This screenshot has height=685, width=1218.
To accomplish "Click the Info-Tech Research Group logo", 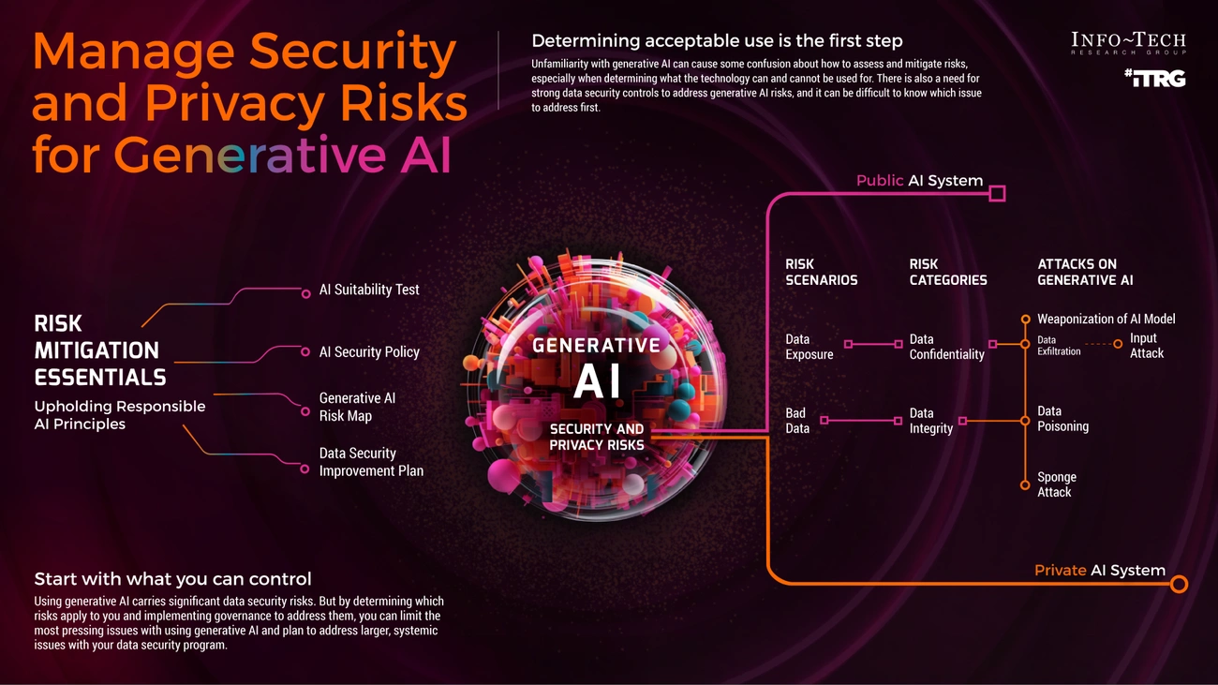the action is tap(1128, 43).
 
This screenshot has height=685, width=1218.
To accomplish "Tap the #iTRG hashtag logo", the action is tap(1155, 79).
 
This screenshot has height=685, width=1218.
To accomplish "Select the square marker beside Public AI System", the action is tap(997, 194).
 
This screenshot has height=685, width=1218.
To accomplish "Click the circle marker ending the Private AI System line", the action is tap(1179, 585).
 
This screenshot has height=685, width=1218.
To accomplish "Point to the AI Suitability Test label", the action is tap(368, 290).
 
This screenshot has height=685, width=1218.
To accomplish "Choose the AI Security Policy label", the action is tap(369, 352).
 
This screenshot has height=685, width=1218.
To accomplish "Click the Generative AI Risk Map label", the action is tap(357, 407).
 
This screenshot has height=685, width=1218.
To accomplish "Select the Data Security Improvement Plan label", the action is tap(371, 462).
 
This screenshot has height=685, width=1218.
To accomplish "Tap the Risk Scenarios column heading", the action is tap(821, 272).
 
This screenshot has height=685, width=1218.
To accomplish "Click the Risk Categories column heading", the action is tap(948, 272).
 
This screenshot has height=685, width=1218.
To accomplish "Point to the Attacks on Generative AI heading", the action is tap(1085, 272).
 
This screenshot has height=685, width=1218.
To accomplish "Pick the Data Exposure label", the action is tap(810, 347).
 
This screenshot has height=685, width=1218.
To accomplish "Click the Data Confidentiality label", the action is tap(946, 347).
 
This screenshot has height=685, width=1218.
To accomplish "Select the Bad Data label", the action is tap(797, 421).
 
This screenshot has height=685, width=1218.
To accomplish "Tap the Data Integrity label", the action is tap(931, 421).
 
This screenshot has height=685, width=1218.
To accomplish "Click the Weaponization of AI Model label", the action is tap(1106, 319).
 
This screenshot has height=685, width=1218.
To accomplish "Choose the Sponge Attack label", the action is tap(1057, 484).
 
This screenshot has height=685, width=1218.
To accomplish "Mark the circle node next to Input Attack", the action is tap(1118, 344).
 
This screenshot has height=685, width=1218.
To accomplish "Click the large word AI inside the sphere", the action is tap(597, 381).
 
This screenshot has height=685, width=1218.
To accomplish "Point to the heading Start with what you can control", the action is tap(173, 579).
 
